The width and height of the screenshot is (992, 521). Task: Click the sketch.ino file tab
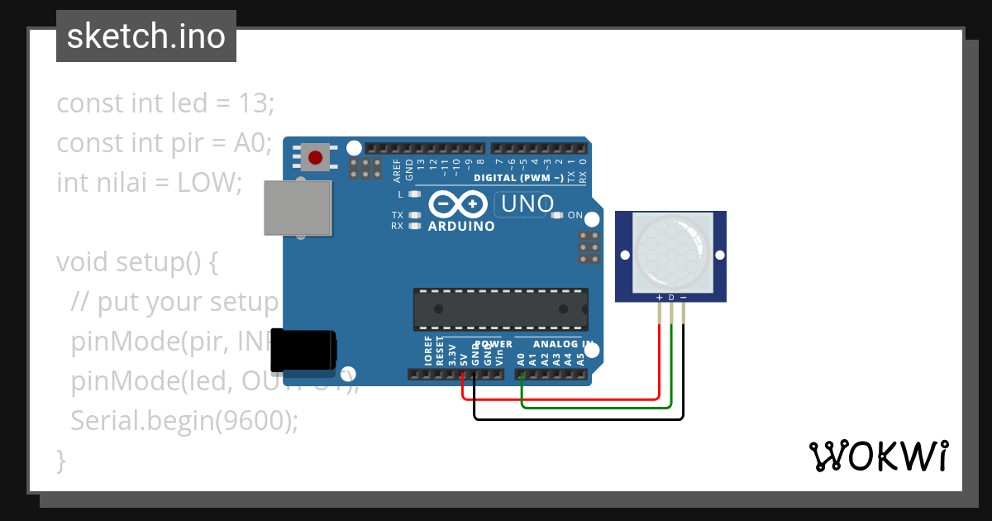click(x=146, y=36)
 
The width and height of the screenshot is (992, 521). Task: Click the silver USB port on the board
click(x=298, y=208)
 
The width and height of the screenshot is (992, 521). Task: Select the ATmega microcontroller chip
click(x=501, y=309)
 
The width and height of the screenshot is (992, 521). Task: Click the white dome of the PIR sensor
click(x=671, y=252)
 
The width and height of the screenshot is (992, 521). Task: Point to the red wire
click(x=658, y=364)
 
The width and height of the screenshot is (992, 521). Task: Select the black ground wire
click(x=579, y=418)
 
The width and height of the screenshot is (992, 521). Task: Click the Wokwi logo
click(x=878, y=456)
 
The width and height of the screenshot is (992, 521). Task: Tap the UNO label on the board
click(x=525, y=203)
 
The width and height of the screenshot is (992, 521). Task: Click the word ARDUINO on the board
click(x=461, y=226)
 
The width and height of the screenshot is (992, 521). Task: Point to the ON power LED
click(x=556, y=216)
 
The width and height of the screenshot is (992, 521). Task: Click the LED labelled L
click(x=415, y=194)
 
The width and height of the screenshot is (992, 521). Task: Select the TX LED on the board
click(x=415, y=215)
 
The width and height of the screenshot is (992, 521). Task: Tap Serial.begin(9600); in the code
click(x=184, y=420)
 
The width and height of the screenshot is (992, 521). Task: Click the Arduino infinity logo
click(x=458, y=203)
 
